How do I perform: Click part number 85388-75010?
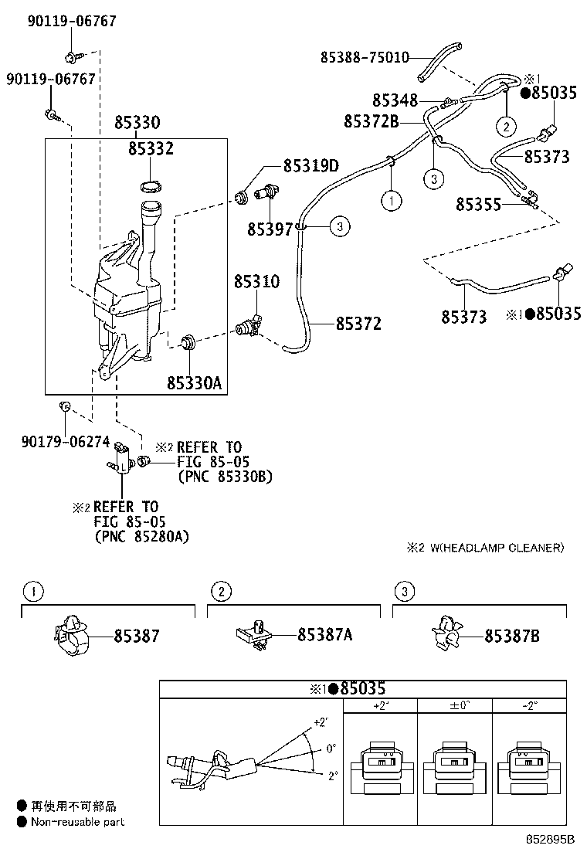[365, 57]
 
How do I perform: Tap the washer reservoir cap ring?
[151, 185]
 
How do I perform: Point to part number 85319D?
[310, 165]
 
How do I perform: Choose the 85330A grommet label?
[193, 382]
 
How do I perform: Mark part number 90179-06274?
[66, 442]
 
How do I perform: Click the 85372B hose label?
[371, 121]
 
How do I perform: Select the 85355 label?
[478, 204]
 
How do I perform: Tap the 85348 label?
[395, 100]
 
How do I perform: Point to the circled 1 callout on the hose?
[392, 201]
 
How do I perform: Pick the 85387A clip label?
[325, 635]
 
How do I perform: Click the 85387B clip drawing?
[446, 635]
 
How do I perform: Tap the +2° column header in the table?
[379, 705]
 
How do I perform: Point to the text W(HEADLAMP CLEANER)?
[497, 548]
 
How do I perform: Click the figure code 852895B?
[551, 839]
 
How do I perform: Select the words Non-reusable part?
[77, 823]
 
